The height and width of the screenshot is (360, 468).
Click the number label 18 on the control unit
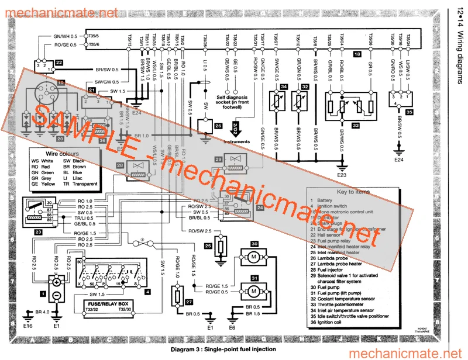[x=357, y=54]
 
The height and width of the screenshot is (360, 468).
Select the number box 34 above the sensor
[x=284, y=86]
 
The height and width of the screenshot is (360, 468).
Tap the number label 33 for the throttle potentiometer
[x=355, y=124]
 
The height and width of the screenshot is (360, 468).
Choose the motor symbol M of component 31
[x=254, y=290]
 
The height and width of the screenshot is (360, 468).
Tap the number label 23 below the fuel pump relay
[x=38, y=231]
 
